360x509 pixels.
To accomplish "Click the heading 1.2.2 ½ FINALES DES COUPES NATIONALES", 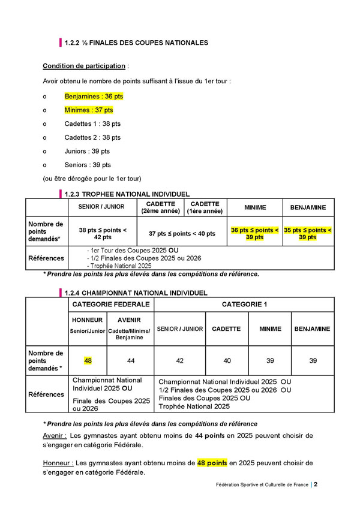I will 136,43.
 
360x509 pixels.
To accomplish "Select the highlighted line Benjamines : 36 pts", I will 94,96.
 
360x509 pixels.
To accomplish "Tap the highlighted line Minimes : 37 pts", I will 89,110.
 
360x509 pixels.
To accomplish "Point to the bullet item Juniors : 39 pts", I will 87,151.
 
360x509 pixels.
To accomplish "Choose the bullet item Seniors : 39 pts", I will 88,165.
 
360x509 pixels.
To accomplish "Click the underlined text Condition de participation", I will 84,65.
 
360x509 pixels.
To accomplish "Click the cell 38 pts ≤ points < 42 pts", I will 103,233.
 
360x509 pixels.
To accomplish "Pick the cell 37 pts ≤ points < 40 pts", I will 182,233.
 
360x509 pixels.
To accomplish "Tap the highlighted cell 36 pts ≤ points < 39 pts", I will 254,233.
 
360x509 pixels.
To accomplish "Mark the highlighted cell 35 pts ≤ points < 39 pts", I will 308,233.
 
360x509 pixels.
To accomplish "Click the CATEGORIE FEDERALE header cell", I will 111,305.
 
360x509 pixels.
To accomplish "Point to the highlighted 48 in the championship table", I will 88,360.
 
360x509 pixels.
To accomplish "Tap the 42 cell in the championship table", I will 180,360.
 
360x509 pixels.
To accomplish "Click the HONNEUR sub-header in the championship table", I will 88,320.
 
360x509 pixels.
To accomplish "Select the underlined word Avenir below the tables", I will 54,435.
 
